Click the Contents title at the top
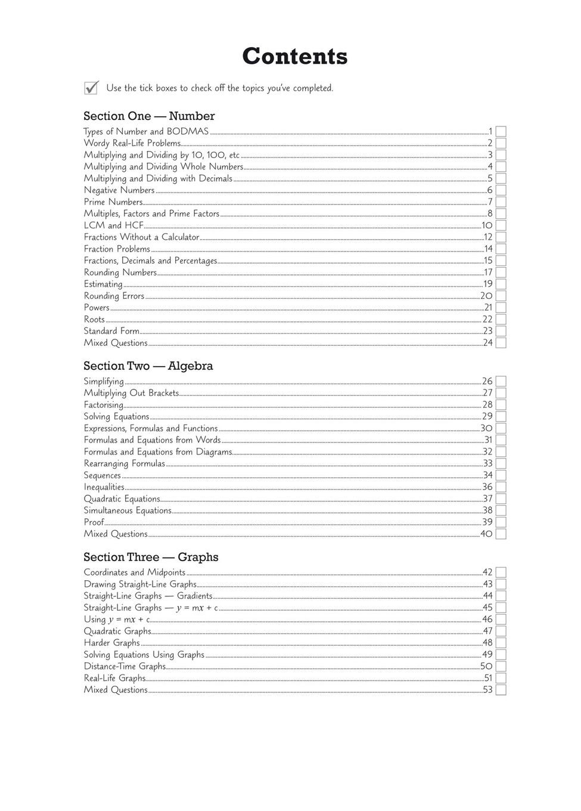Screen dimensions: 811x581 (x=294, y=57)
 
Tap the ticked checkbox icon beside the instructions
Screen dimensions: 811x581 (x=91, y=88)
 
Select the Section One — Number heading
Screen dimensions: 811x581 (x=149, y=116)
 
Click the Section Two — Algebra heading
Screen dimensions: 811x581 (x=148, y=366)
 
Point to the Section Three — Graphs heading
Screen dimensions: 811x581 (x=151, y=558)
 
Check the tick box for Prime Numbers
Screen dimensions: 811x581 (x=501, y=202)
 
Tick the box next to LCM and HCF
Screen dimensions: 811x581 (x=501, y=225)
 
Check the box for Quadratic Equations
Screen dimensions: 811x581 (x=501, y=499)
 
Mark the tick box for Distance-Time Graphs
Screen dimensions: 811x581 (x=501, y=667)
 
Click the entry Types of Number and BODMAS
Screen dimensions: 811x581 (x=146, y=132)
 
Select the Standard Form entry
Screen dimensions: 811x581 (x=111, y=332)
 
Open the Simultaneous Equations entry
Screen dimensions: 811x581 (x=128, y=511)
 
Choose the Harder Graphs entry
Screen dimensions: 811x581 (x=112, y=643)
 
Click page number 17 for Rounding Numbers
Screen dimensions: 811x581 (x=488, y=273)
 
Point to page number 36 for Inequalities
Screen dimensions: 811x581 (x=487, y=487)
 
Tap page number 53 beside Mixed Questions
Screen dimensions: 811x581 (x=487, y=690)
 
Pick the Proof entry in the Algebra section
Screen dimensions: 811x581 (x=94, y=522)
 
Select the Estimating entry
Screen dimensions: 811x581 (x=103, y=284)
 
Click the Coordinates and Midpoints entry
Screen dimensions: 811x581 (x=135, y=572)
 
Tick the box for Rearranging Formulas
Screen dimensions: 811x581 (x=501, y=464)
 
